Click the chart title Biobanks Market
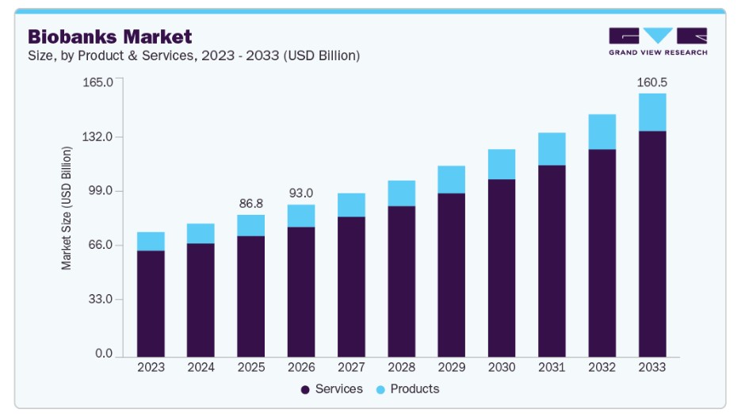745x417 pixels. [x=110, y=36]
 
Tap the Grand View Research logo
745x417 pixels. [x=658, y=41]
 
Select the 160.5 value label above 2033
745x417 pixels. [x=652, y=82]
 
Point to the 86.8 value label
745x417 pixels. [x=251, y=203]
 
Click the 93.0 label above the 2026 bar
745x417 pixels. [x=301, y=193]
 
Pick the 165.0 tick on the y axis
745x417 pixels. [x=98, y=82]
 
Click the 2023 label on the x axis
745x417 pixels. [x=151, y=368]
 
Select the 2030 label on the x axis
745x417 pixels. [x=502, y=368]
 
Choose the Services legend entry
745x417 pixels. [x=331, y=389]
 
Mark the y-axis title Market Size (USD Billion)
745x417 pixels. [x=67, y=208]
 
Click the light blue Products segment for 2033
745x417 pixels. [x=652, y=113]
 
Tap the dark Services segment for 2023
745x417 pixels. [x=151, y=304]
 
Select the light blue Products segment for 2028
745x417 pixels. [x=402, y=193]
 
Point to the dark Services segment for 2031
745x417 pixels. [x=552, y=261]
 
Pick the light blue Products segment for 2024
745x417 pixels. [x=201, y=233]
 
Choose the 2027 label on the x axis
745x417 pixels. [x=351, y=368]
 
